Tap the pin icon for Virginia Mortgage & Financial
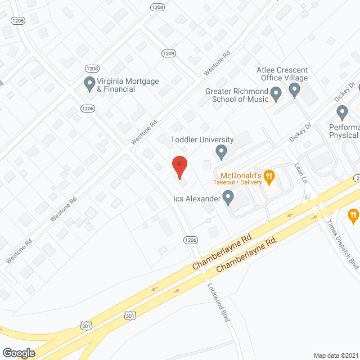point(89,84)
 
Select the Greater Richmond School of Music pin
point(276,93)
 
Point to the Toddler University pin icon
point(222,151)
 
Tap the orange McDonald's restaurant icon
point(269,178)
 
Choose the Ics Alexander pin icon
point(228,197)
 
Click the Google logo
point(18,353)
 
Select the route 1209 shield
point(168,54)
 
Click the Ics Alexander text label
point(197,198)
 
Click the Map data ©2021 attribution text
point(336,355)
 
